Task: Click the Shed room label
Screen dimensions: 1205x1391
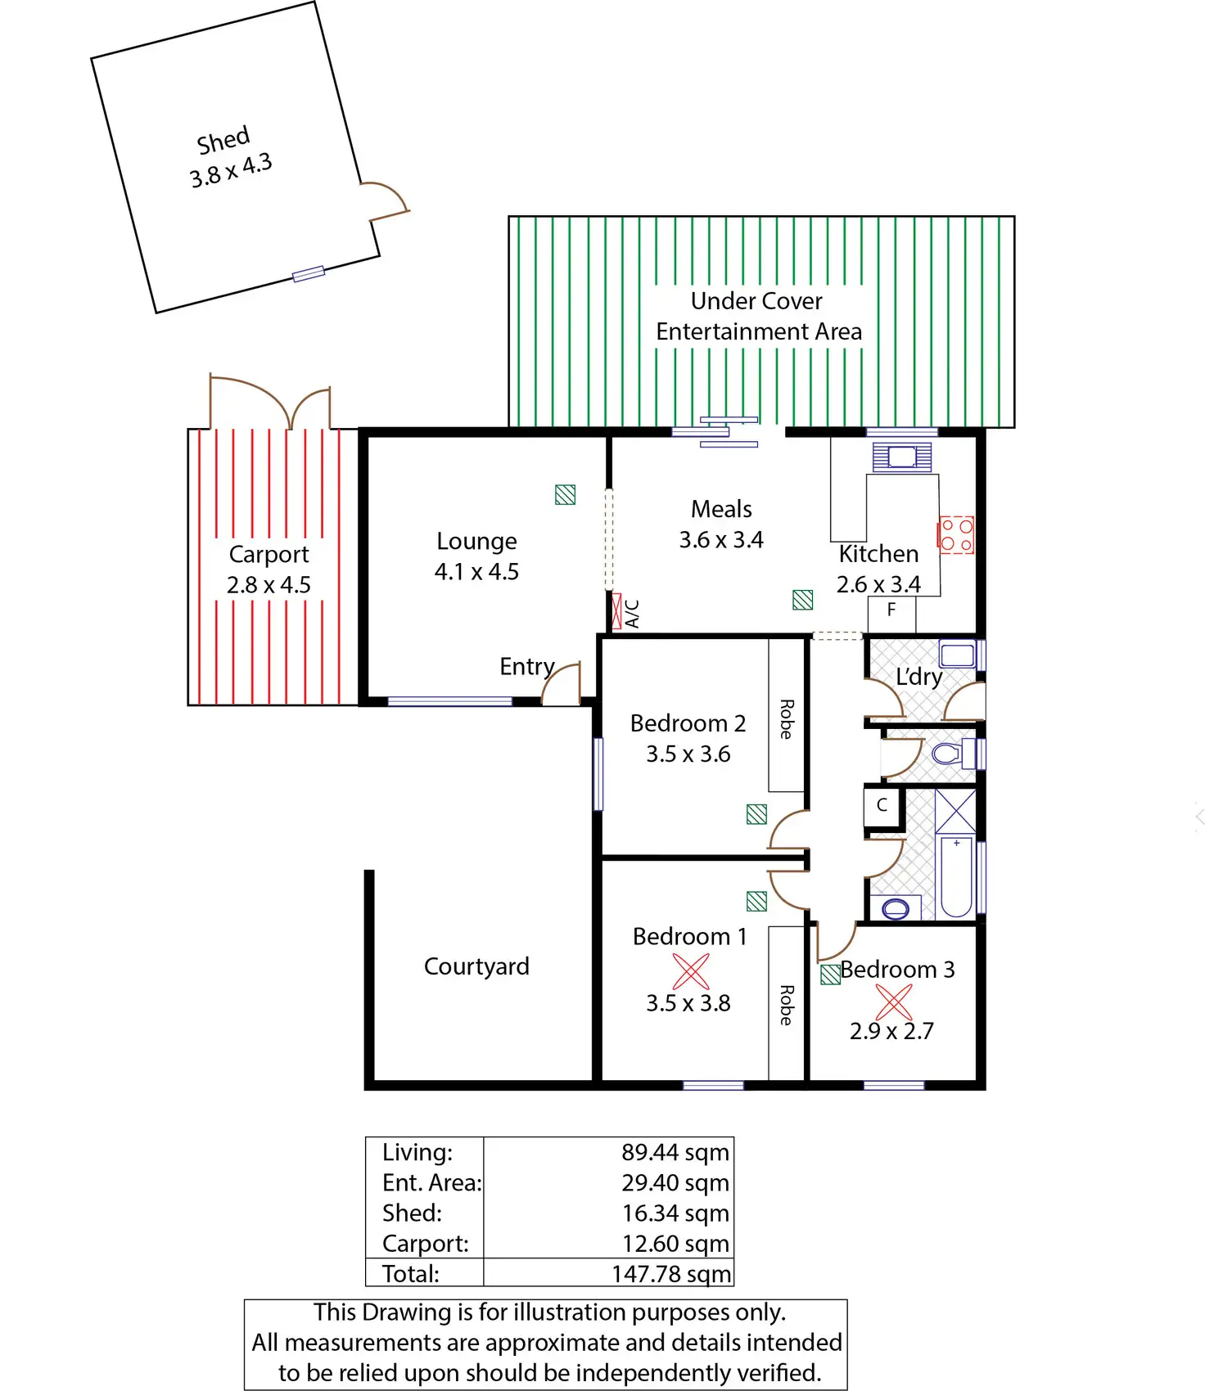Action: [223, 140]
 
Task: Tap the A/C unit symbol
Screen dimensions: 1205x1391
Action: [616, 610]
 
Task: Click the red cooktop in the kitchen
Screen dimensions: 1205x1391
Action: [956, 535]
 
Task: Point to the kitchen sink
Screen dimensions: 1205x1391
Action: [902, 457]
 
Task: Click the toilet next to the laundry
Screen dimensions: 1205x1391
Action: [947, 753]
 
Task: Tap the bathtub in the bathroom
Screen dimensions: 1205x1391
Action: [956, 876]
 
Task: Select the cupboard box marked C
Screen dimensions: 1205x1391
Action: [882, 805]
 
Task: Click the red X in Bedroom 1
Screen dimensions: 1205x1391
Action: [691, 971]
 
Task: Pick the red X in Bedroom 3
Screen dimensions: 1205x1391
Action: [893, 1002]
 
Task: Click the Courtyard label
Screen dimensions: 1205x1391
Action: [476, 966]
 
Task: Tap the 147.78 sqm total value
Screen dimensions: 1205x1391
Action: [670, 1274]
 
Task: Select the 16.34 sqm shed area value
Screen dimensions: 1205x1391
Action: [675, 1213]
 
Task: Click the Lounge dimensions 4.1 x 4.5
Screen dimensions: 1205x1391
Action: [476, 572]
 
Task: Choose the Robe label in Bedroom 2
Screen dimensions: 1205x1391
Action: [786, 719]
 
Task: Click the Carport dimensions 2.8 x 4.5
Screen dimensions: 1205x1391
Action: [269, 585]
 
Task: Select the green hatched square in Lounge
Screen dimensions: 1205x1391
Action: [565, 494]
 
